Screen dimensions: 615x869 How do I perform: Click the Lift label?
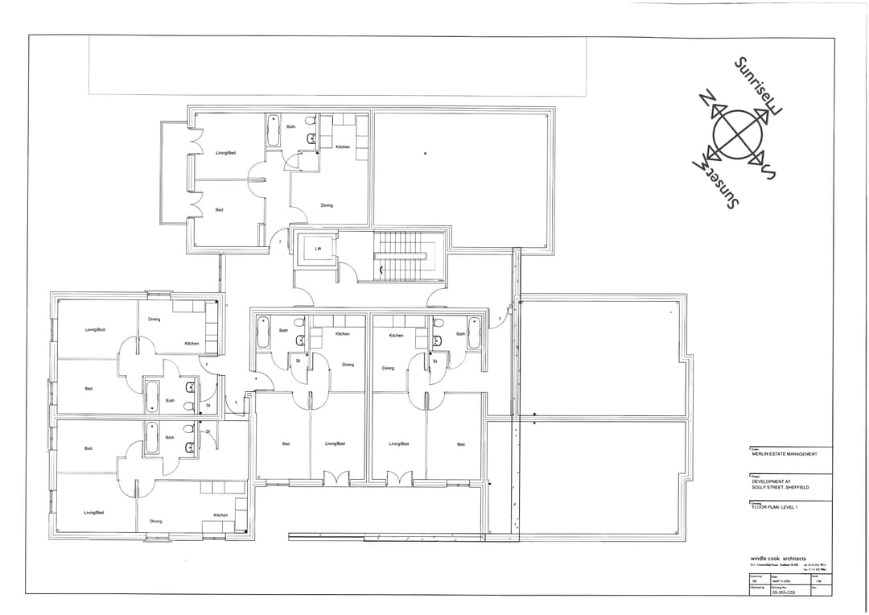(318, 249)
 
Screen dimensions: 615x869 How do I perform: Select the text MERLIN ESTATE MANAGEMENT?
(785, 454)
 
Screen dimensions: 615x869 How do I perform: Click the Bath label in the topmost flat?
(290, 126)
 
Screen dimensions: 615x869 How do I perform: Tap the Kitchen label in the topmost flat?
(343, 147)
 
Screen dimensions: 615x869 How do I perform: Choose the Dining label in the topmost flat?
(327, 205)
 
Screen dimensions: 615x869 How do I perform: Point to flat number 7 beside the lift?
(280, 241)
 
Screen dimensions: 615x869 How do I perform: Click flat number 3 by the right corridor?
(500, 319)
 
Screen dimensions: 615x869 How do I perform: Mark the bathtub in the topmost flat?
(274, 130)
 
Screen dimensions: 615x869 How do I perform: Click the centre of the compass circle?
(734, 135)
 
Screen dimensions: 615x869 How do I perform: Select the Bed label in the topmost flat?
(219, 210)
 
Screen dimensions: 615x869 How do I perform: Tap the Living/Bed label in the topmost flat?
(225, 153)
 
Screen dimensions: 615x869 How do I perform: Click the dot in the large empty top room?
(425, 153)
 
